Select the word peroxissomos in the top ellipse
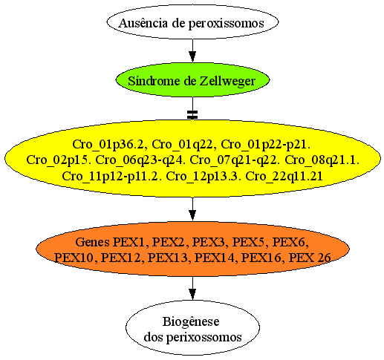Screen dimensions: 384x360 click(x=227, y=24)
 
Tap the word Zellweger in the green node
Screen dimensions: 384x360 click(x=227, y=82)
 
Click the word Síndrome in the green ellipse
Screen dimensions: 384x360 click(x=154, y=81)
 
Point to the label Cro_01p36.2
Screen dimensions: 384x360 click(x=108, y=145)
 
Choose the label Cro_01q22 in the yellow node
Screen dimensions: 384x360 click(x=182, y=145)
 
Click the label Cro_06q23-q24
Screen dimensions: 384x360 click(x=140, y=160)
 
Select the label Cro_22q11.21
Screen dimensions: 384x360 click(x=284, y=177)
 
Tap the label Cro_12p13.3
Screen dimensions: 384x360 click(x=202, y=177)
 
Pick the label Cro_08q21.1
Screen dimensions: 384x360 click(x=322, y=160)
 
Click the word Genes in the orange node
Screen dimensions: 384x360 click(x=92, y=242)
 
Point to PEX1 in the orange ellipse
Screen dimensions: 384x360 click(x=129, y=242)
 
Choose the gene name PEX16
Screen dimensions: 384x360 click(x=261, y=258)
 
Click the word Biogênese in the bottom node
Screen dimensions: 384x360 click(x=191, y=322)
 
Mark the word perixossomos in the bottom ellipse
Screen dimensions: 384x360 click(x=204, y=338)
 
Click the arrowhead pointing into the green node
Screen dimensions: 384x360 click(x=192, y=56)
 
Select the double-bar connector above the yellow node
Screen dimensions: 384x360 click(x=192, y=114)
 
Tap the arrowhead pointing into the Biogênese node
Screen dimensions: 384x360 click(x=192, y=295)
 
